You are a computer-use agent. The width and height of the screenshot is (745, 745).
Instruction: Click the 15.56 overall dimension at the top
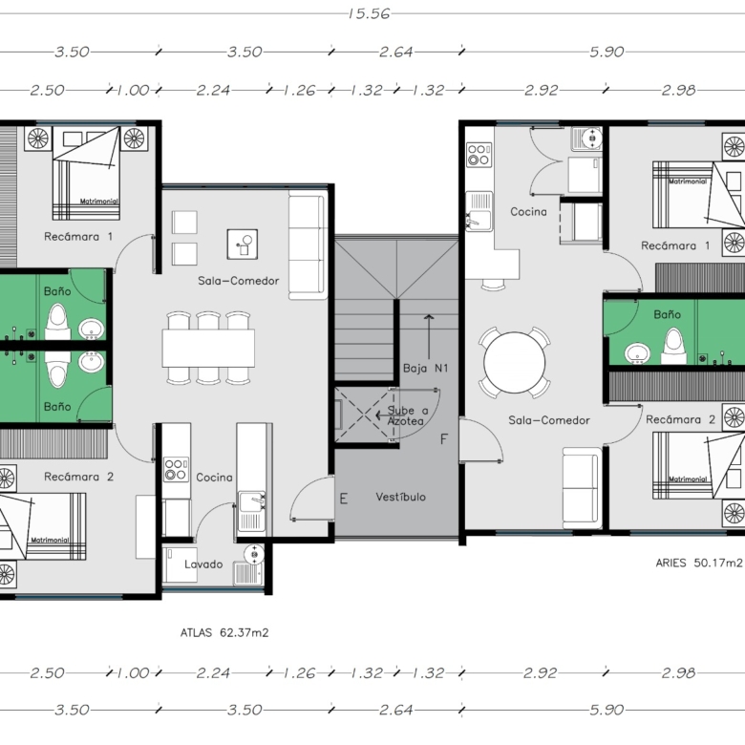pos(369,13)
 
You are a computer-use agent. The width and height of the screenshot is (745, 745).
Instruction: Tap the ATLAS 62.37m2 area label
pos(224,633)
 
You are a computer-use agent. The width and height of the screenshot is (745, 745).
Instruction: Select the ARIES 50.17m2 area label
pos(699,563)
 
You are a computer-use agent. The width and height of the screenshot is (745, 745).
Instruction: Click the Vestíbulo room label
pos(400,497)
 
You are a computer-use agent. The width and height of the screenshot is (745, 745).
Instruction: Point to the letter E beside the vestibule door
pos(344,499)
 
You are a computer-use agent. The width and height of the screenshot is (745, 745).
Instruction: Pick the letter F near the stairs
pos(444,439)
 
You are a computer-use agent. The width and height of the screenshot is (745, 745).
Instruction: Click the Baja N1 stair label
pos(426,369)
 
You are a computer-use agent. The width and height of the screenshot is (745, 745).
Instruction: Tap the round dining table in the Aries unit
pos(515,363)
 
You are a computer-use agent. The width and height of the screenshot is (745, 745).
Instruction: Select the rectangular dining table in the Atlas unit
pos(208,348)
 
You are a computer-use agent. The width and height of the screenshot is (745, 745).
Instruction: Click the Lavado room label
pos(203,564)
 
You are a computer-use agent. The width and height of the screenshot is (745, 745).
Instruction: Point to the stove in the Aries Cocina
pos(479,155)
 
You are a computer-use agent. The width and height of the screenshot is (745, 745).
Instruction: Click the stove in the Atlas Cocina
pos(176,469)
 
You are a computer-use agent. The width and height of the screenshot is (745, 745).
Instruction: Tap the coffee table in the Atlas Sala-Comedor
pos(243,245)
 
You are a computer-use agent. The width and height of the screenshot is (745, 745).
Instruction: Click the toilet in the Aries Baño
pos(674,347)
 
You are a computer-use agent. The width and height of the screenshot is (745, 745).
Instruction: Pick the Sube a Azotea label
pos(407,415)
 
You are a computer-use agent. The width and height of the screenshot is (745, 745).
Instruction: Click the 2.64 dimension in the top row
pos(395,52)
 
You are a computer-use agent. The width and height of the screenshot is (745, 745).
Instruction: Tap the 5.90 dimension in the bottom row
pos(607,710)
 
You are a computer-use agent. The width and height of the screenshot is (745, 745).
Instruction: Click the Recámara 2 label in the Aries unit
pos(680,419)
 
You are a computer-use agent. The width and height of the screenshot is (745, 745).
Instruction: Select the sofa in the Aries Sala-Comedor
pos(582,488)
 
